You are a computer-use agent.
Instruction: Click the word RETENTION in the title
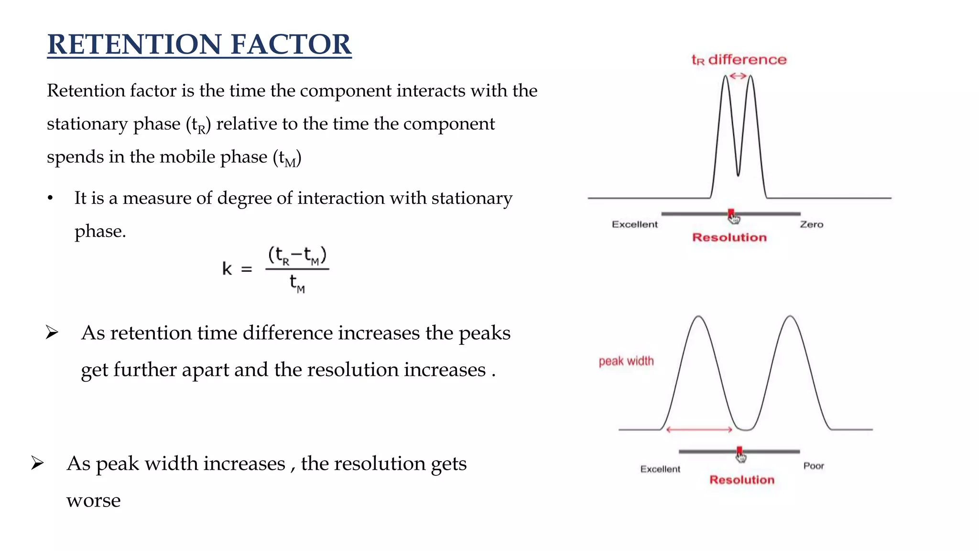134,44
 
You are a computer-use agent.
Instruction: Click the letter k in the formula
227,269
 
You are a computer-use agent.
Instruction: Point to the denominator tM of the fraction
297,284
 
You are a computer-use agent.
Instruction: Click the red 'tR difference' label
739,60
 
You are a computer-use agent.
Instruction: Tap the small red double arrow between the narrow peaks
738,76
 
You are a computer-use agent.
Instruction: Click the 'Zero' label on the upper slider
811,224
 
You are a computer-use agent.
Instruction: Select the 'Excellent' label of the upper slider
634,224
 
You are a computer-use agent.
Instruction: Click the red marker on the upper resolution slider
731,213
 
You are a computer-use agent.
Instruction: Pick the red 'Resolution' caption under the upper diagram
729,237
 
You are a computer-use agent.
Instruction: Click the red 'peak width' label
626,361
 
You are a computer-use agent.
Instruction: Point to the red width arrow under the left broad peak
699,430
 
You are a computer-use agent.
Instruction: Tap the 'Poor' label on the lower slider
813,466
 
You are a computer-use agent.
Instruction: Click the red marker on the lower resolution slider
740,451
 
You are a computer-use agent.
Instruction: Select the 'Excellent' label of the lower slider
660,469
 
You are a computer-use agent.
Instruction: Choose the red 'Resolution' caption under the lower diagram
741,480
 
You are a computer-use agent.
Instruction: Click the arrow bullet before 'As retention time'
52,332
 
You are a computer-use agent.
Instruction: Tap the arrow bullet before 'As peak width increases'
37,463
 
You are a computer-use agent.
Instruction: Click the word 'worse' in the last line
93,501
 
